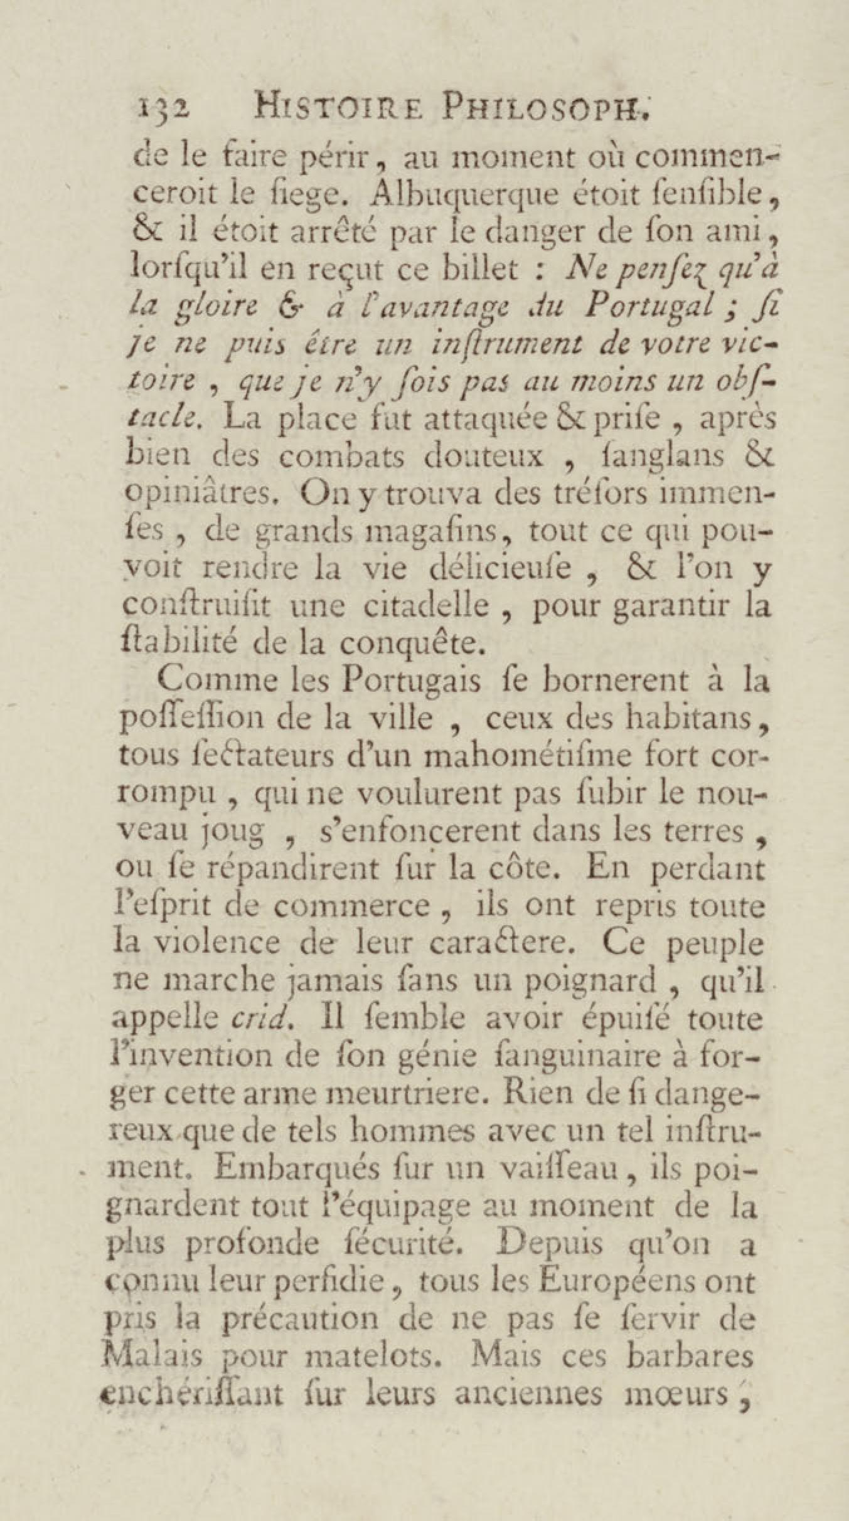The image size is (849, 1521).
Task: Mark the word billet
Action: click(x=487, y=268)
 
